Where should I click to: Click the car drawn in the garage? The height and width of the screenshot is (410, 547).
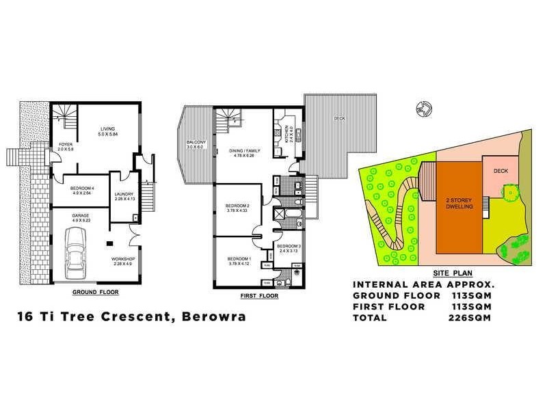tap(75, 253)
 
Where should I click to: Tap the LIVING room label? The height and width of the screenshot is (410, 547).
tap(107, 128)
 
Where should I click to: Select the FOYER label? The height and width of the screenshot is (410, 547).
tap(65, 145)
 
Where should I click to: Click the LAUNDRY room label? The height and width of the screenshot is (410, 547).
tap(124, 195)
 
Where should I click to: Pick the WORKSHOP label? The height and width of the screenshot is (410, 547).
tap(123, 260)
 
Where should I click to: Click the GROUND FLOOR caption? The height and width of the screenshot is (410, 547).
tap(96, 292)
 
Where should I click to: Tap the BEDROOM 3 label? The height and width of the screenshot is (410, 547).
tap(289, 246)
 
